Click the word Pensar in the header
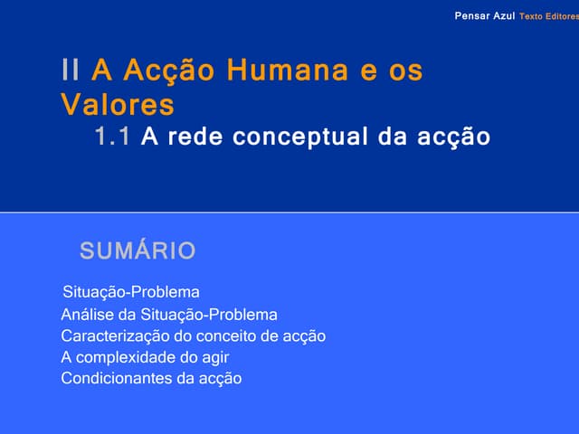(472, 17)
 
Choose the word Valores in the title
(118, 105)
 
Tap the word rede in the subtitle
(196, 137)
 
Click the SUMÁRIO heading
(138, 250)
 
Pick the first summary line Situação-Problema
(131, 293)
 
